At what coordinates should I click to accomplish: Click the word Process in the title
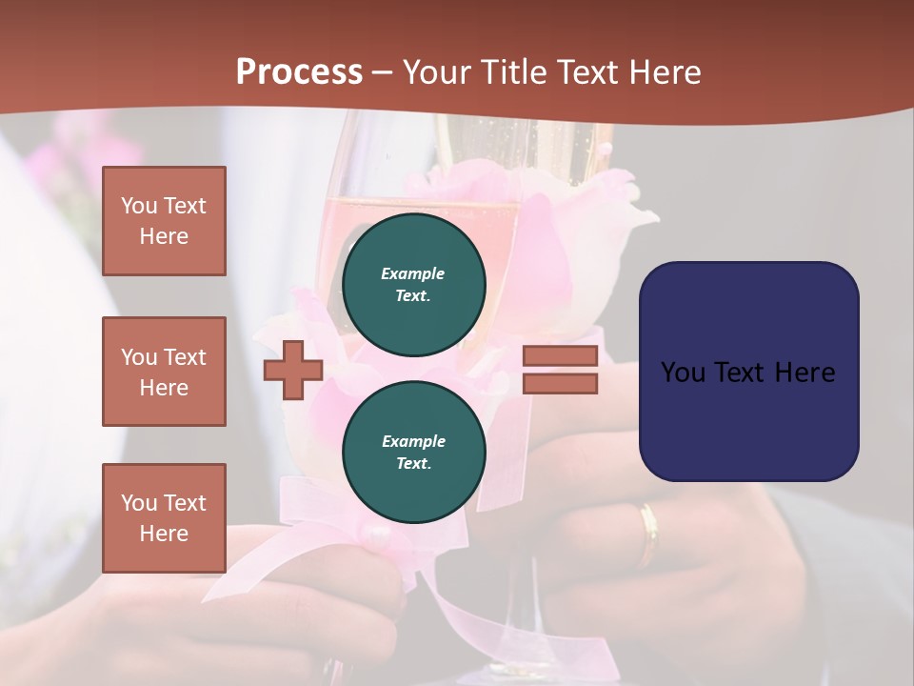(x=299, y=72)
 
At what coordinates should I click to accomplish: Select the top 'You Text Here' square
(x=164, y=221)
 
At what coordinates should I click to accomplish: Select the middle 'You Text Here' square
(x=164, y=372)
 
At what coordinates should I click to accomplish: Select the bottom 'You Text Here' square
(x=164, y=518)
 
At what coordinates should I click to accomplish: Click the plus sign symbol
(x=293, y=370)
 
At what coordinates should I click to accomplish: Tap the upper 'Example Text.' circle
(x=414, y=285)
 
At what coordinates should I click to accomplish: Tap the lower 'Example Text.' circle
(x=414, y=453)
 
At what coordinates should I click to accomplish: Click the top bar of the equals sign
(x=561, y=356)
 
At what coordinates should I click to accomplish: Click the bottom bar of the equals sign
(x=561, y=384)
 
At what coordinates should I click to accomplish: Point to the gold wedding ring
(x=648, y=534)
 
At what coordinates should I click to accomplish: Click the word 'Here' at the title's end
(x=666, y=72)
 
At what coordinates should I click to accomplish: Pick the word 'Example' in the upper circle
(x=412, y=273)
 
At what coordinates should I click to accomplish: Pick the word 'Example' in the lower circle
(x=413, y=441)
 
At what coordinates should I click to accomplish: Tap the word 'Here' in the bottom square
(x=164, y=534)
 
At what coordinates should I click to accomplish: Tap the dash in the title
(x=382, y=72)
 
